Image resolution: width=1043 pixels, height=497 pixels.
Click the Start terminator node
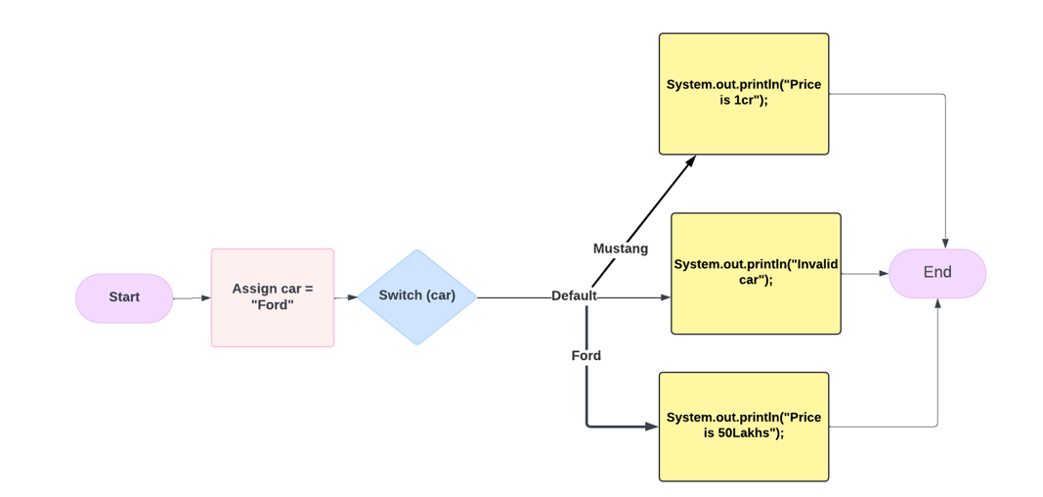124,297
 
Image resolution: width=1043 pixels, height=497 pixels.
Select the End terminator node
936,273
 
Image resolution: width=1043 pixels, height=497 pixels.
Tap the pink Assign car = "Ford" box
272,297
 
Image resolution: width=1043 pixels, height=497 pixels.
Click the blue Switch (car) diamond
416,296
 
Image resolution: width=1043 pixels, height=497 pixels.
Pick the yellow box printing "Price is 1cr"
743,94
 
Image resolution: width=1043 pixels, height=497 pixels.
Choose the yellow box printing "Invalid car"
755,273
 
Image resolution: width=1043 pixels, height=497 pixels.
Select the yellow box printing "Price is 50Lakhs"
743,426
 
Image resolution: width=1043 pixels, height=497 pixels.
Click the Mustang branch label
620,248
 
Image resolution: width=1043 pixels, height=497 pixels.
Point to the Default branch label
574,296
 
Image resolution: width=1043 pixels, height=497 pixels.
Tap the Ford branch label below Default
586,356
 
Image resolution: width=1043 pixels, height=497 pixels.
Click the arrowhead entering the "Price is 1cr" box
690,161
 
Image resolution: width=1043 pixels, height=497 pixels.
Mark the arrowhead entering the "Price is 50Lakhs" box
652,427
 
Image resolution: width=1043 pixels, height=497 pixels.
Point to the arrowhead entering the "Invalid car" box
665,297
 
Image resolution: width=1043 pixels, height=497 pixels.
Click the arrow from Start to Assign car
193,297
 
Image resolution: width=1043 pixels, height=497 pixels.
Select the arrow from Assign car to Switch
346,297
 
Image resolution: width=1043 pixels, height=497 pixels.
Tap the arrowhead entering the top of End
945,243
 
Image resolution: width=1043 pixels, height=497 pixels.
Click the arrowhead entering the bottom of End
937,304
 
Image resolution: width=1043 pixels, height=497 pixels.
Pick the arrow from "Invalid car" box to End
865,273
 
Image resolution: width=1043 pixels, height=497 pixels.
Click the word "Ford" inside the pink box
273,305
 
